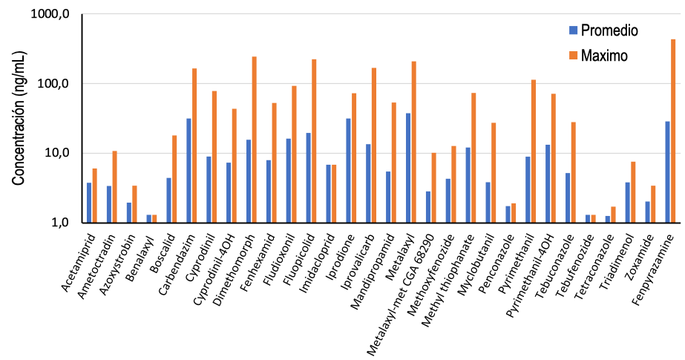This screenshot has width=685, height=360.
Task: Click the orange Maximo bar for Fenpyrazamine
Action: tap(673, 131)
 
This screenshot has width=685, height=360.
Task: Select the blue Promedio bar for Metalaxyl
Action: tap(408, 168)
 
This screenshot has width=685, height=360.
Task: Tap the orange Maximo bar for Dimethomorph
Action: tap(255, 140)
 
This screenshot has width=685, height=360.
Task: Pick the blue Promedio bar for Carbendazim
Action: tap(189, 171)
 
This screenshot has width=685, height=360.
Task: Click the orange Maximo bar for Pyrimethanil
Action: tap(534, 151)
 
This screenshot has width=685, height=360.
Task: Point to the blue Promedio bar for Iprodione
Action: tap(348, 171)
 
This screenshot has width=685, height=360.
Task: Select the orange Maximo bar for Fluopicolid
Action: tap(314, 141)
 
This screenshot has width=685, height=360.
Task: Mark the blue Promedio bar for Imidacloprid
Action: tap(328, 194)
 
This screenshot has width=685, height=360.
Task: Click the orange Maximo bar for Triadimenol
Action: tap(633, 192)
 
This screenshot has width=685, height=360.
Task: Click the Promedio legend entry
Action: tap(603, 30)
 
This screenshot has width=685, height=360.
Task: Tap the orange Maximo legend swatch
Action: tap(573, 55)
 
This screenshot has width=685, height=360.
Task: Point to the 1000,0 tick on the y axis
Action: tap(50, 14)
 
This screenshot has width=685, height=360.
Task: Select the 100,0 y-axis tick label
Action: tap(53, 83)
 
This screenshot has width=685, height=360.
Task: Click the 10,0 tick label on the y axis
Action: tap(56, 153)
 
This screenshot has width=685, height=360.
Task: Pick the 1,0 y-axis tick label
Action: tap(60, 223)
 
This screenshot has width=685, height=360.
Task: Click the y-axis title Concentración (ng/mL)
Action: tap(19, 119)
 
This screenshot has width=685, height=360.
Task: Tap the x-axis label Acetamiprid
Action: tap(79, 263)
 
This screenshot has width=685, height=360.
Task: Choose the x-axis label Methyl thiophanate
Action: tap(448, 281)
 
